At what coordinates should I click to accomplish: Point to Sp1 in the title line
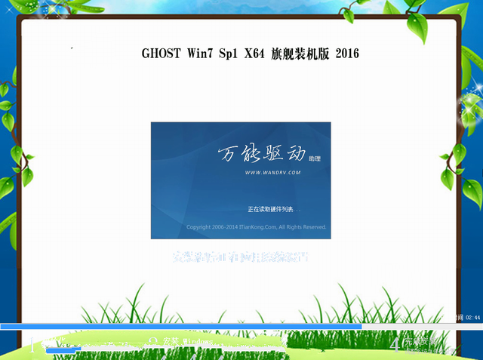coord(228,54)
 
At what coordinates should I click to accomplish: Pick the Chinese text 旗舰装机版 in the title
coord(298,54)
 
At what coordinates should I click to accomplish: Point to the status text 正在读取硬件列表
coord(273,208)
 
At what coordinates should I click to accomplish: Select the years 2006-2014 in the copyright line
coord(225,226)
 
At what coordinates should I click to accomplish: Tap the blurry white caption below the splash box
coord(241,257)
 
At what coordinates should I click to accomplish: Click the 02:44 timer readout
coord(473,318)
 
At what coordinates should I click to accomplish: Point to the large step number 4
coord(395,343)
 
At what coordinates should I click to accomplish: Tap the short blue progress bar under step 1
coord(63,349)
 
